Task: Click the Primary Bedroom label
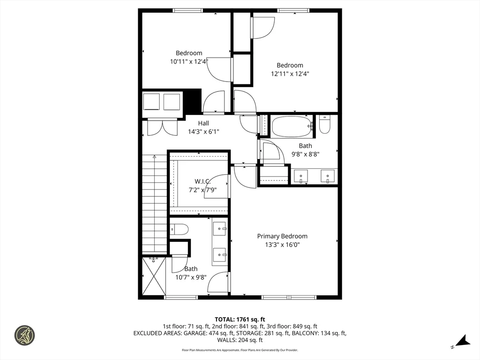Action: coord(282,236)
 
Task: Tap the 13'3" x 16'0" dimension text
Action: coord(282,244)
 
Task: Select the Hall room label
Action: coord(203,123)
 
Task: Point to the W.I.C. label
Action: coord(202,181)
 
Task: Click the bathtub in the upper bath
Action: coord(292,126)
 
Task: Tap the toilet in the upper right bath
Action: coord(324,124)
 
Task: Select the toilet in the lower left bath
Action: coord(179,229)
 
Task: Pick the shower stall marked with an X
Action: coord(154,276)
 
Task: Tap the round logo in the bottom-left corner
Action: coord(24,336)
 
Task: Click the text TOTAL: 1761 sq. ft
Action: coord(240,319)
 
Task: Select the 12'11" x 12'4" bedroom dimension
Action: coord(290,74)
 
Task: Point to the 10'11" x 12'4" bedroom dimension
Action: coord(189,61)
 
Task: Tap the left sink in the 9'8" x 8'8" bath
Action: coord(300,176)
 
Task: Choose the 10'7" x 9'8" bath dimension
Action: coord(191,277)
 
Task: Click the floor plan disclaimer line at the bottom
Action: coord(240,350)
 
